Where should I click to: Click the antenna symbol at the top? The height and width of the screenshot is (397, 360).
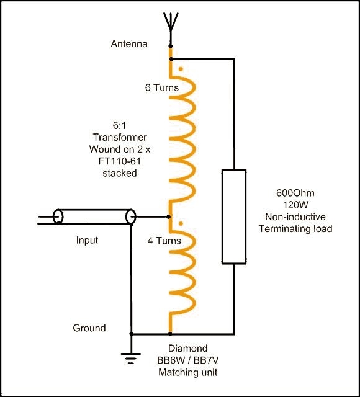pyautogui.click(x=171, y=25)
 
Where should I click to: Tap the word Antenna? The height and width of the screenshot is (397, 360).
pyautogui.click(x=129, y=44)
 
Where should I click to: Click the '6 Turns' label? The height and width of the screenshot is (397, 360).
pyautogui.click(x=161, y=87)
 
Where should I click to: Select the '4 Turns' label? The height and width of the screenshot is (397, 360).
pyautogui.click(x=164, y=241)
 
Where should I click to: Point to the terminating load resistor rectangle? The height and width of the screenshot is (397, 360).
pyautogui.click(x=234, y=216)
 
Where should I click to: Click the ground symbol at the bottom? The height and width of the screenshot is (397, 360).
pyautogui.click(x=131, y=358)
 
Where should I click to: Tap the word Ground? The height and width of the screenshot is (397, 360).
pyautogui.click(x=89, y=328)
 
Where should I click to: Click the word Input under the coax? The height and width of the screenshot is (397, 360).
pyautogui.click(x=87, y=240)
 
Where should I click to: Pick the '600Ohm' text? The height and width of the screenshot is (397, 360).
pyautogui.click(x=295, y=193)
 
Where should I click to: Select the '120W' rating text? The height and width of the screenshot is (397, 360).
pyautogui.click(x=295, y=205)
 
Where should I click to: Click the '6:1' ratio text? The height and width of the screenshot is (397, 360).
pyautogui.click(x=119, y=125)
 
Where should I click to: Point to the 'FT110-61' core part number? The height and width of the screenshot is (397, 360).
pyautogui.click(x=119, y=161)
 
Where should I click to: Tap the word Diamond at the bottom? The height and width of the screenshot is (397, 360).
pyautogui.click(x=187, y=349)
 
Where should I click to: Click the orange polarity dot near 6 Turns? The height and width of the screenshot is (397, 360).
pyautogui.click(x=181, y=69)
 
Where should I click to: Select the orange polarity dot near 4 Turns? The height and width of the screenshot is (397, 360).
pyautogui.click(x=181, y=223)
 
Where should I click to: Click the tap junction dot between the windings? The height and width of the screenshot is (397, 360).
pyautogui.click(x=168, y=216)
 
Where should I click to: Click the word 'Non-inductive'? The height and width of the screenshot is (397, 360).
pyautogui.click(x=295, y=216)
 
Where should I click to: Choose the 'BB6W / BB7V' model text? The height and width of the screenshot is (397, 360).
pyautogui.click(x=187, y=360)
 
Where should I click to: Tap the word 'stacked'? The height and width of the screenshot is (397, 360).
pyautogui.click(x=120, y=173)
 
